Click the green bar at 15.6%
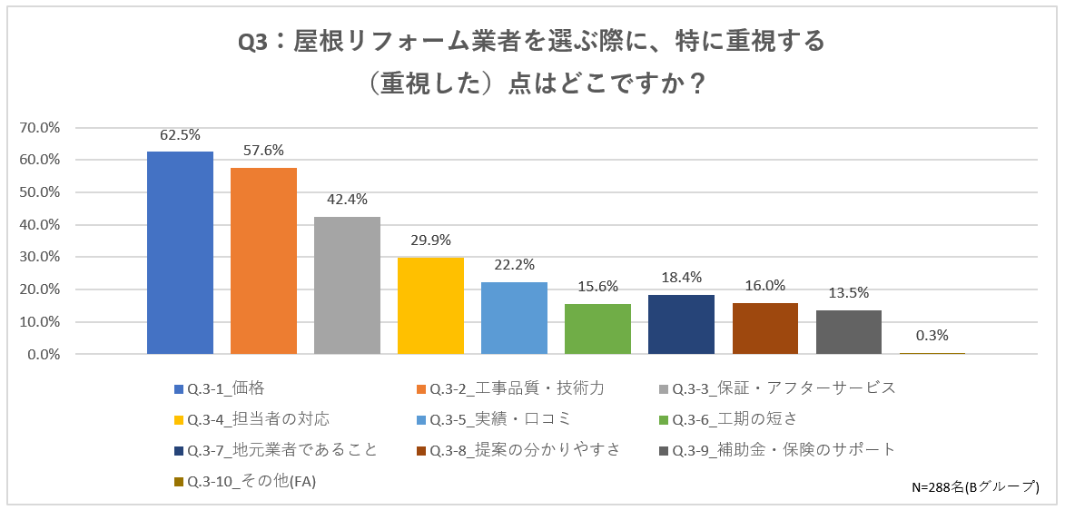[597, 329]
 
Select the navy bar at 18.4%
[681, 324]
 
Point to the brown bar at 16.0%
[764, 328]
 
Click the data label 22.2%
[514, 265]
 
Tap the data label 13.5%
[848, 292]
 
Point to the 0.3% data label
[932, 335]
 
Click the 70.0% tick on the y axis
[39, 128]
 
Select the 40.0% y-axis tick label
[39, 225]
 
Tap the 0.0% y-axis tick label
[43, 355]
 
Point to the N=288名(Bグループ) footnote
[974, 487]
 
